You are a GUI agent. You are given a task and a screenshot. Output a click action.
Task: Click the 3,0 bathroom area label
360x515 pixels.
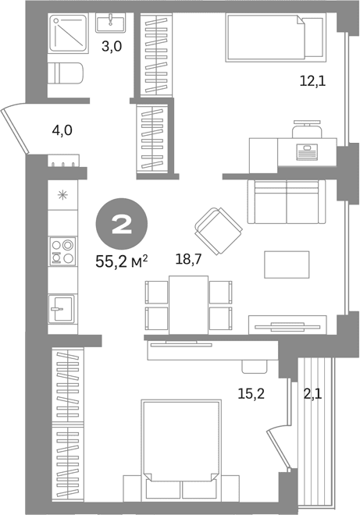pyautogui.click(x=112, y=46)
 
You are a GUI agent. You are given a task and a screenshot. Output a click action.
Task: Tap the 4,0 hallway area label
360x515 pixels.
pyautogui.click(x=62, y=130)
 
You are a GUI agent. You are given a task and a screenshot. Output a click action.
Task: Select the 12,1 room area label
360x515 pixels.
pyautogui.click(x=312, y=80)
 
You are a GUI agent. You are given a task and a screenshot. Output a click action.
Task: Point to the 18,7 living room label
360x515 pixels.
pyautogui.click(x=188, y=260)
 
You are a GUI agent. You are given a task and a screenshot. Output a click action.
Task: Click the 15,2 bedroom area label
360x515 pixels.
pyautogui.click(x=251, y=393)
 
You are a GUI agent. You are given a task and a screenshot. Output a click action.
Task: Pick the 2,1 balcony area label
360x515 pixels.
pyautogui.click(x=312, y=393)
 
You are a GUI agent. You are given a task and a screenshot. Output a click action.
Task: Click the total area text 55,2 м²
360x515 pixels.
pyautogui.click(x=122, y=261)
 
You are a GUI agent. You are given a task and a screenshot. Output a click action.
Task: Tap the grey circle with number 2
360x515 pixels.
pyautogui.click(x=122, y=224)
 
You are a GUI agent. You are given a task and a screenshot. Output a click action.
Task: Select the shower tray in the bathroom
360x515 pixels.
pyautogui.click(x=69, y=33)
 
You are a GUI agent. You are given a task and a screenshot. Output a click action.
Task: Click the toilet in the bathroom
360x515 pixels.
pyautogui.click(x=66, y=73)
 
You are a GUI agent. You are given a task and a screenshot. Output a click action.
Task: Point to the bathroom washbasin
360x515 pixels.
pyautogui.click(x=110, y=23)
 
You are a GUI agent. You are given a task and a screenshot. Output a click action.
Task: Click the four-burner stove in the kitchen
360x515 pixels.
pyautogui.click(x=62, y=251)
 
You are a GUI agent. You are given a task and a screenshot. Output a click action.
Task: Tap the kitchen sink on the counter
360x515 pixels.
pyautogui.click(x=62, y=308)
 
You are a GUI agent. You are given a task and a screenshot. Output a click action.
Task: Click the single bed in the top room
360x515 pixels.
pyautogui.click(x=276, y=37)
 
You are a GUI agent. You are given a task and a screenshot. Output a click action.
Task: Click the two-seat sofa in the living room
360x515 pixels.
pyautogui.click(x=287, y=201)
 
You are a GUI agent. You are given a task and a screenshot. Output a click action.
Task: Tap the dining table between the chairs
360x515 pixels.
pyautogui.click(x=189, y=305)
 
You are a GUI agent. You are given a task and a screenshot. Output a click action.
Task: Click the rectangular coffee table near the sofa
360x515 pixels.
pyautogui.click(x=287, y=265)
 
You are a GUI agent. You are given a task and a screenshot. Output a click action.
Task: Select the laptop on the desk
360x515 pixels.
pyautogui.click(x=307, y=151)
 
